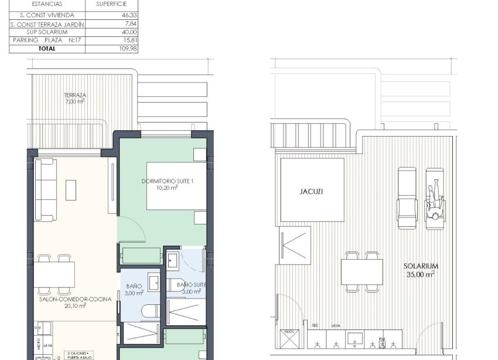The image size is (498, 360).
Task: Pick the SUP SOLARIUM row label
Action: (47, 32)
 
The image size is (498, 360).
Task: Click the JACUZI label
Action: (311, 191)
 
